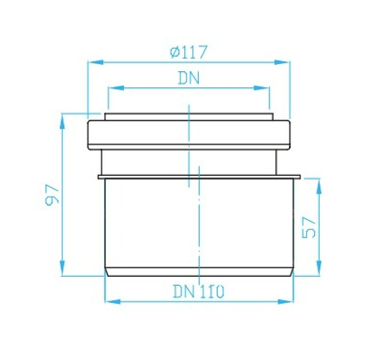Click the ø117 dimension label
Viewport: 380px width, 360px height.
coord(189,52)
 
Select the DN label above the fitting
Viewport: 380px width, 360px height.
coord(188,78)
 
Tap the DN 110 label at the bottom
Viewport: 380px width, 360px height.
coord(199,291)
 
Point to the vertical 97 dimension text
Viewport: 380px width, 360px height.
coord(52,195)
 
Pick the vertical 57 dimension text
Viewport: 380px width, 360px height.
coord(309,227)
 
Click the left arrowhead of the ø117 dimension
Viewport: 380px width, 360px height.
coord(96,62)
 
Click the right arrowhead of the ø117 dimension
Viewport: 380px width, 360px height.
coord(282,62)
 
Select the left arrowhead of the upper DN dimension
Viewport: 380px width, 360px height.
coord(116,88)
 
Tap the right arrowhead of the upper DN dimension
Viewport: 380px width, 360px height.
coord(262,88)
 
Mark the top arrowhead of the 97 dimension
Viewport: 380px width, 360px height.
coord(62,121)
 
